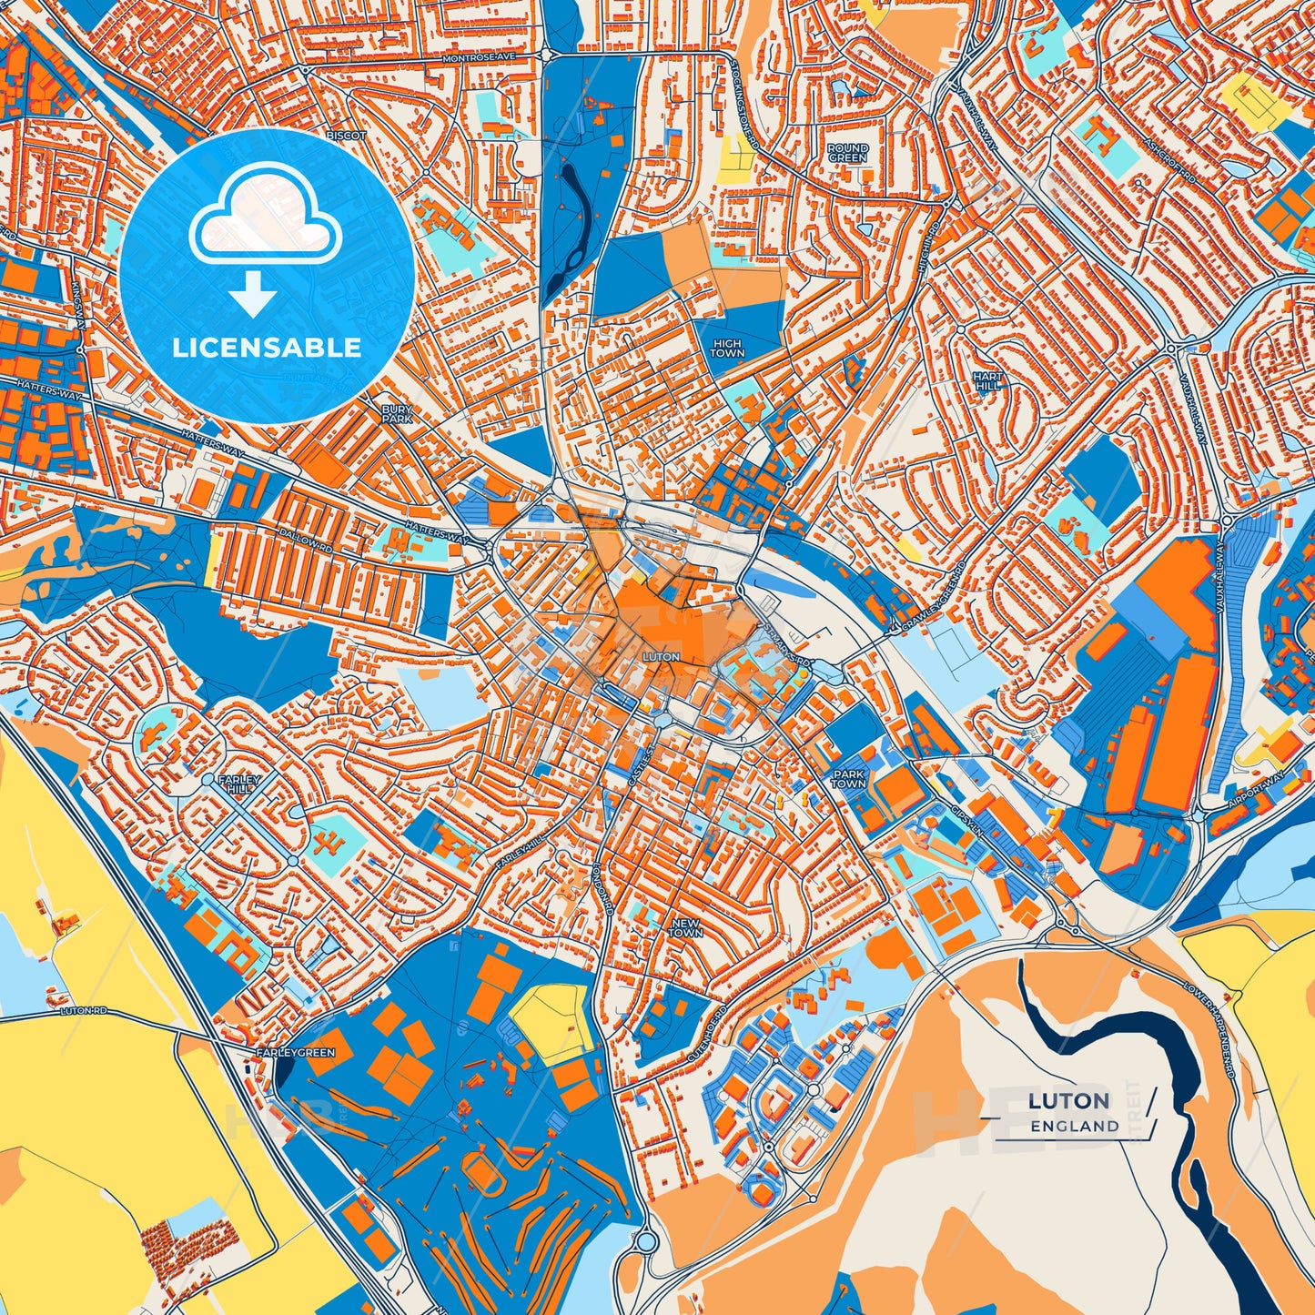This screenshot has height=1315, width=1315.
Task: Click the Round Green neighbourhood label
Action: point(847,152)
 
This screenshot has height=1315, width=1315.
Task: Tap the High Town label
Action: point(726,348)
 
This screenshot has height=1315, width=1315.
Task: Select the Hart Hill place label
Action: point(987,380)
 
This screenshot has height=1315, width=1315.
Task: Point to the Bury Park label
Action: point(397,415)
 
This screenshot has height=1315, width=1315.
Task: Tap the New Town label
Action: point(686,927)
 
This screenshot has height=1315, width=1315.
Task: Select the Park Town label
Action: point(848,778)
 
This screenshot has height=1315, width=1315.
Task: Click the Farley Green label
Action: point(296,1053)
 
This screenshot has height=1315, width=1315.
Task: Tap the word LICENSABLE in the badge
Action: point(267,348)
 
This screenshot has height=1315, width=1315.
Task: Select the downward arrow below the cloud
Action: point(253,297)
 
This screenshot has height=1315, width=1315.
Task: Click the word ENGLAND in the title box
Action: point(1075,1126)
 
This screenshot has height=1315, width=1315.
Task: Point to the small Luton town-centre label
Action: point(661,656)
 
